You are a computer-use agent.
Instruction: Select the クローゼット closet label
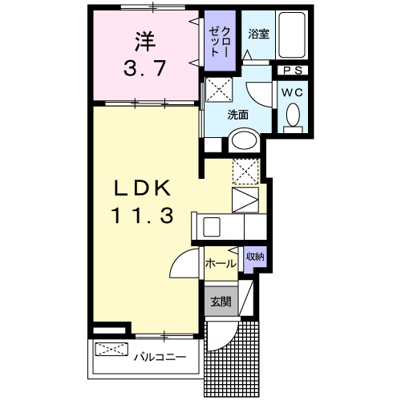[x=219, y=41]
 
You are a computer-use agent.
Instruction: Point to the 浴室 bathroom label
[x=257, y=34]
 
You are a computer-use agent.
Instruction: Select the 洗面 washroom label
[x=237, y=115]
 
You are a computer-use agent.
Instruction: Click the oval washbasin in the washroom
[x=243, y=143]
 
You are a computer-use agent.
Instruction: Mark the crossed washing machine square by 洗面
[x=217, y=91]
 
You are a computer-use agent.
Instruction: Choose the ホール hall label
[x=221, y=263]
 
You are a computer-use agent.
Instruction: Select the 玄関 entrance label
[x=221, y=302]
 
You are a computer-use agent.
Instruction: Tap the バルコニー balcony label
[x=160, y=355]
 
